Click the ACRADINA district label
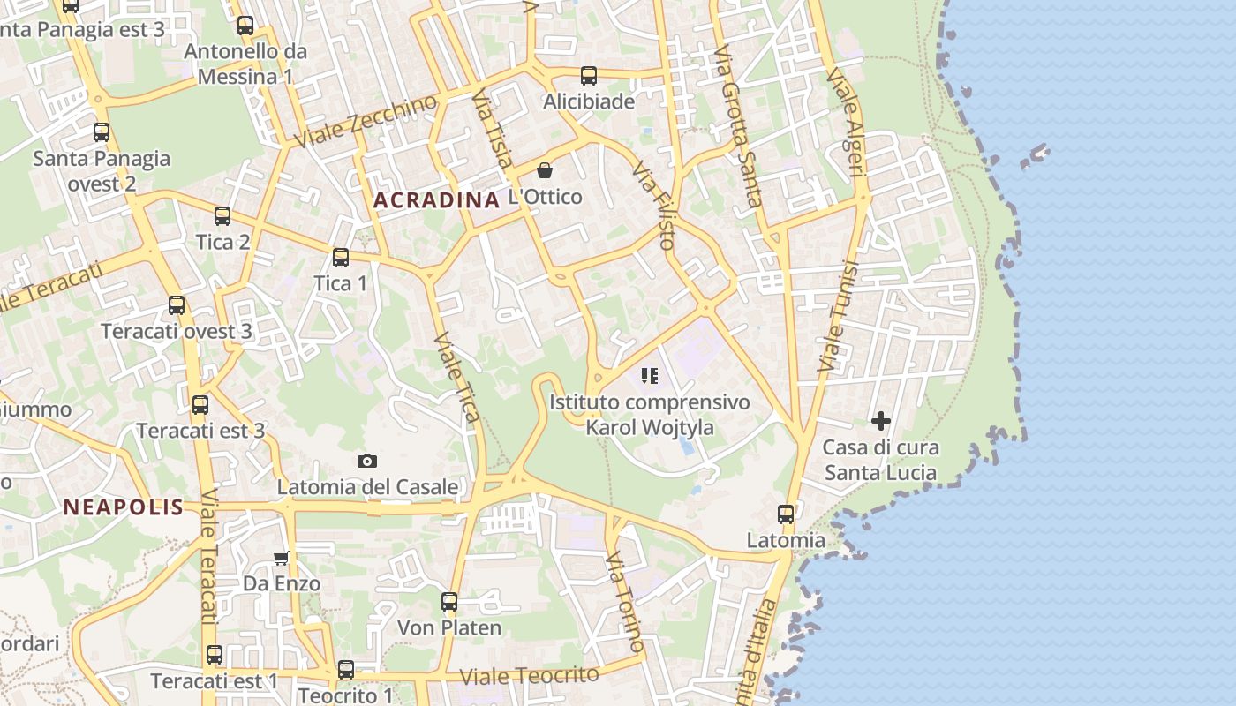(436, 200)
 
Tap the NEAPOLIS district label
(124, 507)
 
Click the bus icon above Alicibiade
(589, 76)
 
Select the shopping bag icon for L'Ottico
(545, 170)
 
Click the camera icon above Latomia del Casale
(367, 461)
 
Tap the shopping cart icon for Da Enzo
(282, 558)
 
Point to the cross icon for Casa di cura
(880, 421)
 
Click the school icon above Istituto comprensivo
(651, 377)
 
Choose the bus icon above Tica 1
(341, 258)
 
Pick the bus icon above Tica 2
(222, 216)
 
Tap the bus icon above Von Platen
(449, 602)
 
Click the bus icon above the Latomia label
(786, 514)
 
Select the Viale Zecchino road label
(365, 121)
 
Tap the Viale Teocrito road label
(530, 676)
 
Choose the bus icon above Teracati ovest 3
(177, 305)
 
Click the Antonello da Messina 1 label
(245, 64)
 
